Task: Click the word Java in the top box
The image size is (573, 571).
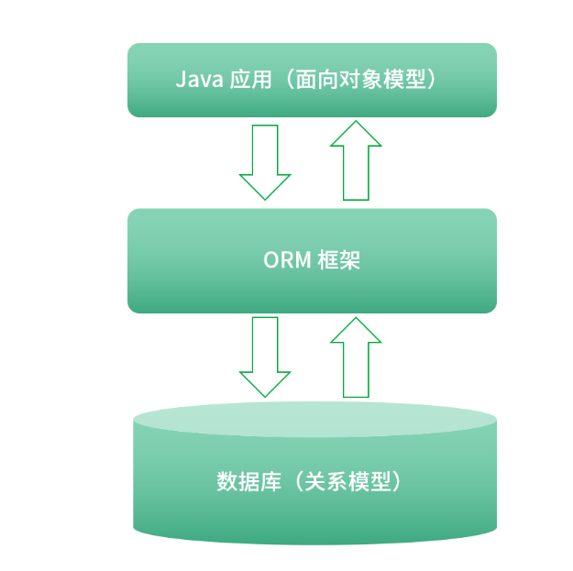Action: click(x=199, y=79)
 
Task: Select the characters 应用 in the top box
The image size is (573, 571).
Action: click(x=250, y=79)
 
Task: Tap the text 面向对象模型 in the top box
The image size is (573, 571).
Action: click(x=361, y=79)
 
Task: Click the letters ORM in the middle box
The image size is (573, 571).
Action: click(x=287, y=260)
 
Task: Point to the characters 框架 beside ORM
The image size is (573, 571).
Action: click(x=339, y=260)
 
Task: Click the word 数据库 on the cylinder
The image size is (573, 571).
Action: click(x=248, y=481)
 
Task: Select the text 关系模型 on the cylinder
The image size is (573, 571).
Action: click(x=347, y=481)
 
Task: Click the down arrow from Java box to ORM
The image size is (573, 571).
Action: click(x=265, y=162)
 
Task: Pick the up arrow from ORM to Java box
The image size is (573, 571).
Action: click(x=356, y=160)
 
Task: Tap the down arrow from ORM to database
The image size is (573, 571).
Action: click(x=265, y=357)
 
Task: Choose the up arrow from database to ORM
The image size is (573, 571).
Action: click(x=356, y=357)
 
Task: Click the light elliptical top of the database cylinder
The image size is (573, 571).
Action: click(x=314, y=420)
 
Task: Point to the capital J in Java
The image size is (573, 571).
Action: click(x=181, y=79)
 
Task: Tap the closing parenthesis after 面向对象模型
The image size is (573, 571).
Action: click(x=431, y=79)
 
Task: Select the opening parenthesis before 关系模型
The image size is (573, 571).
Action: click(x=299, y=481)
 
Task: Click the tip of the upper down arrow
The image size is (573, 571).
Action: click(x=265, y=200)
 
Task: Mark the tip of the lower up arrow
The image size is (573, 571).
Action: click(x=356, y=317)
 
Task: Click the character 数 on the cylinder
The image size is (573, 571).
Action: click(x=227, y=481)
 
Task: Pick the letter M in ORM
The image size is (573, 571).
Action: click(x=303, y=260)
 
